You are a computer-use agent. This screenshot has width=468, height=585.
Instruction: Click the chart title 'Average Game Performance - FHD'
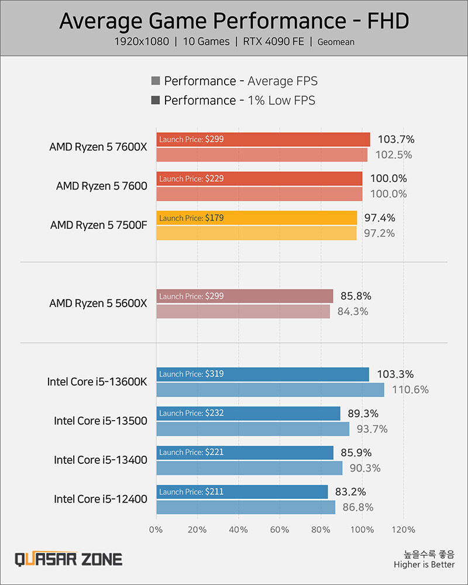click(234, 21)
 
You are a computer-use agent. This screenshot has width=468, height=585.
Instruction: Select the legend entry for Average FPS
click(234, 81)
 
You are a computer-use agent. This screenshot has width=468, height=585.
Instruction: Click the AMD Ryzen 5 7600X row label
click(98, 147)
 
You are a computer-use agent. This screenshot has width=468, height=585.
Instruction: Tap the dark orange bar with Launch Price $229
click(259, 178)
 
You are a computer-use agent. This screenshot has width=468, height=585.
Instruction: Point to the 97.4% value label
click(380, 218)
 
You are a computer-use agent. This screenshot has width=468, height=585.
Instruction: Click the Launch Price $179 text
click(191, 218)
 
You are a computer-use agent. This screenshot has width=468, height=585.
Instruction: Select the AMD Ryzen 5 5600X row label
click(98, 304)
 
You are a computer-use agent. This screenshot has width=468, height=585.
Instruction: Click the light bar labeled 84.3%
click(243, 311)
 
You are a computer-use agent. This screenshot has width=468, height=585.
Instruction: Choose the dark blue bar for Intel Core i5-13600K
click(263, 374)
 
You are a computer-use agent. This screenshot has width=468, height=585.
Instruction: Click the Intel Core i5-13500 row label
click(101, 421)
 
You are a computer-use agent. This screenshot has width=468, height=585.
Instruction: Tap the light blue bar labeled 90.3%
click(249, 468)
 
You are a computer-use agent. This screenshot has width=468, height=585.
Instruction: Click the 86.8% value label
click(357, 507)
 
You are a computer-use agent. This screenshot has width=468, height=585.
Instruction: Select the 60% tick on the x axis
click(280, 530)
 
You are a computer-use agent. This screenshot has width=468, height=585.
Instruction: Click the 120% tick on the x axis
click(403, 530)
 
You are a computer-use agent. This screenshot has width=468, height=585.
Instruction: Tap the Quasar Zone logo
click(68, 559)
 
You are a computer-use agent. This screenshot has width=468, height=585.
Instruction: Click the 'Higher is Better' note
click(424, 565)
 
